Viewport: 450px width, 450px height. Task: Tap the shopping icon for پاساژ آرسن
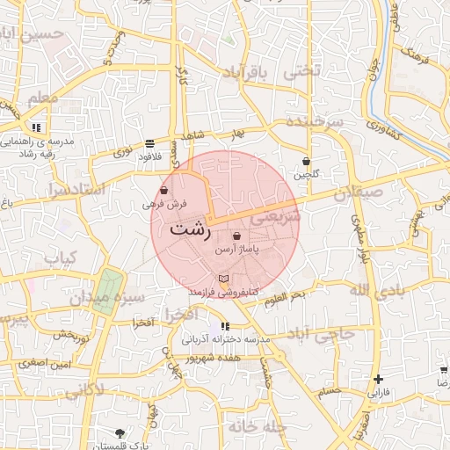tap(237, 236)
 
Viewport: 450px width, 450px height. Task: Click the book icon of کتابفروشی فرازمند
tap(223, 279)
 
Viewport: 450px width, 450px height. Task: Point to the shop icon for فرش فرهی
tap(164, 191)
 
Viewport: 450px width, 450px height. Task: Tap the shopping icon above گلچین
tap(306, 161)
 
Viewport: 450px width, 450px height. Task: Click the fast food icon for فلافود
tap(150, 142)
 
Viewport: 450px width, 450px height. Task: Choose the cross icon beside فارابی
tap(378, 380)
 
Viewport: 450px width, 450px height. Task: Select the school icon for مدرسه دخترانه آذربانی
tap(227, 326)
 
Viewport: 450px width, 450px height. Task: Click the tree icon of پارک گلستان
tap(120, 433)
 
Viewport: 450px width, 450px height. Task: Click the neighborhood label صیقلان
tap(359, 192)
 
